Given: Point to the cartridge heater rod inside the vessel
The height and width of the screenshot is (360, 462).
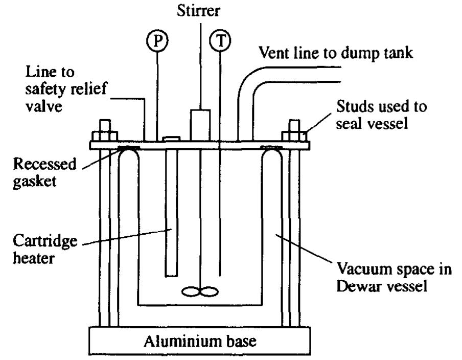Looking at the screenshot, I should click(171, 215).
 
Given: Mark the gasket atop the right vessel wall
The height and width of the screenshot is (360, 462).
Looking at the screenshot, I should click(270, 149).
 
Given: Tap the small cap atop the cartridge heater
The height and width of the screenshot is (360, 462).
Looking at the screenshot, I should click(170, 138).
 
